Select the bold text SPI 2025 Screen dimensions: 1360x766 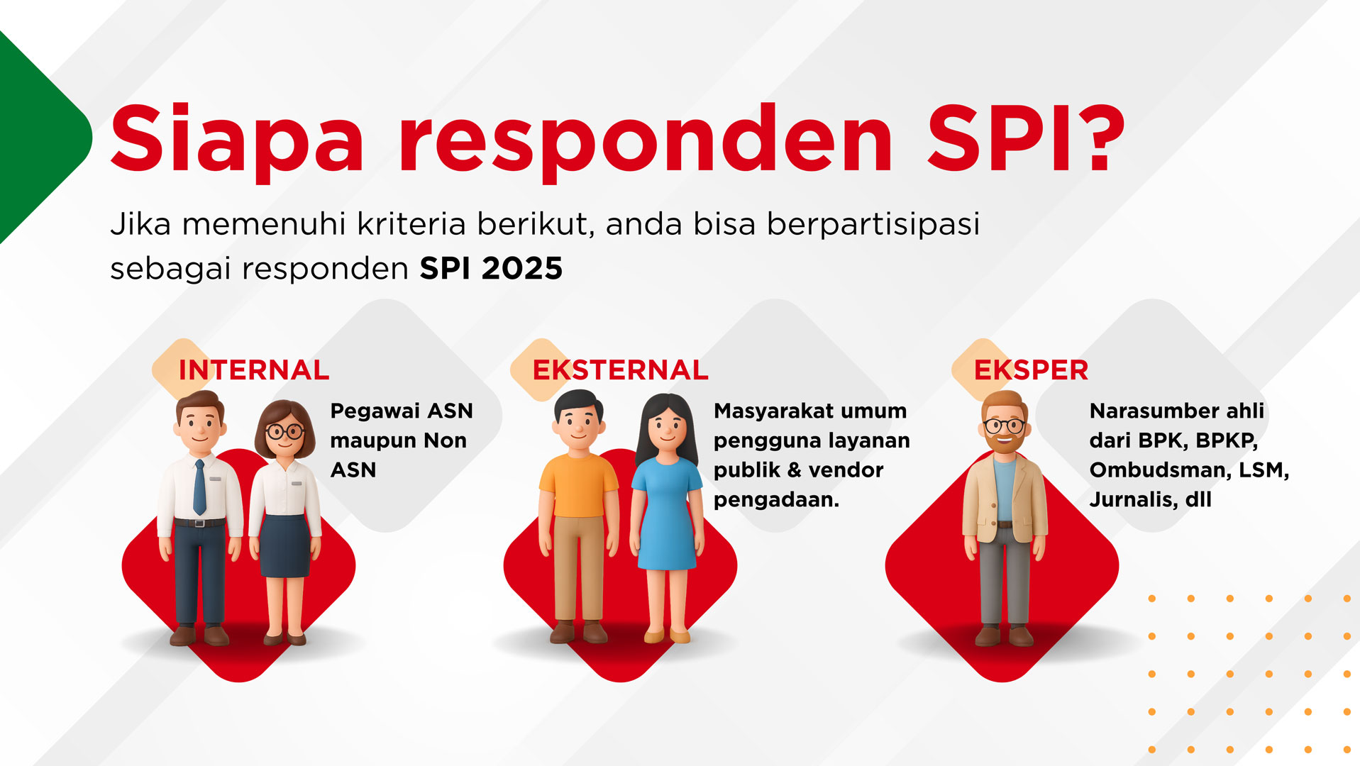[491, 268]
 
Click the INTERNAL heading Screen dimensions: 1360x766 [254, 370]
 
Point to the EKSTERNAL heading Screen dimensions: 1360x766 [620, 370]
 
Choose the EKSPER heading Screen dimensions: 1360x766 [1031, 370]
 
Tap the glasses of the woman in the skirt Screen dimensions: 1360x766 [284, 431]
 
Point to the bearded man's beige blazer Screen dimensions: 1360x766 [1004, 501]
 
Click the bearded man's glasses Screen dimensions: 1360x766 [1004, 426]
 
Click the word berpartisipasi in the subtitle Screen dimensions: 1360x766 [873, 225]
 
